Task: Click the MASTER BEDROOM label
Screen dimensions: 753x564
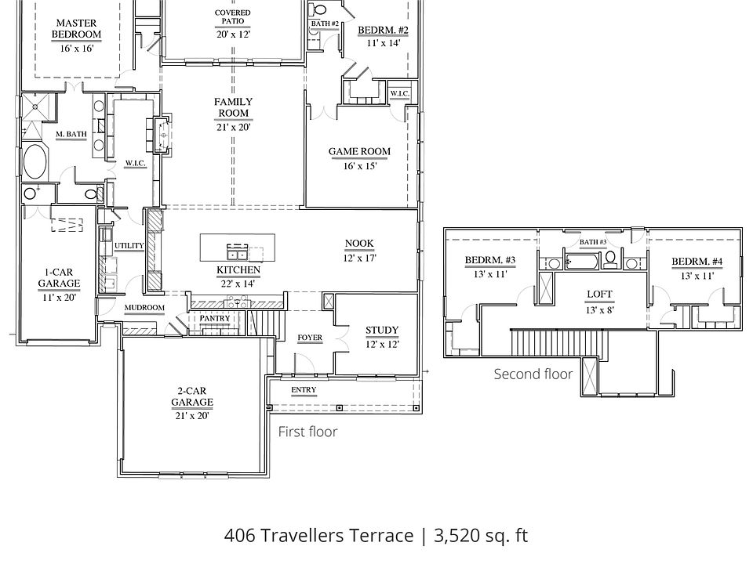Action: (76, 28)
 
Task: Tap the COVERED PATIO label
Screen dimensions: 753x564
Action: (232, 16)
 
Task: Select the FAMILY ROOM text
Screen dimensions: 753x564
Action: (234, 107)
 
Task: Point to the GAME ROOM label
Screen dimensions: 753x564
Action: (359, 151)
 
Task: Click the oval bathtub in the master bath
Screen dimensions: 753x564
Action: (35, 161)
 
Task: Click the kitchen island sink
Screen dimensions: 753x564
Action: (237, 251)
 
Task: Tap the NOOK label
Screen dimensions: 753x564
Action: (359, 244)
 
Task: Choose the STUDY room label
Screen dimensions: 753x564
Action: (382, 330)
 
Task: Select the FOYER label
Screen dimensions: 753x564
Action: (310, 338)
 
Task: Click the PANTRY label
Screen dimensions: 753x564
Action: (215, 318)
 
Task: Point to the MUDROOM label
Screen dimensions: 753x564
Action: (144, 307)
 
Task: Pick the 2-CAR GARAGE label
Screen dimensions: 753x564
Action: (192, 396)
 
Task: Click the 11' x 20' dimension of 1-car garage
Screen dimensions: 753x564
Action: (59, 298)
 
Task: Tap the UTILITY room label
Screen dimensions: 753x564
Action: (129, 245)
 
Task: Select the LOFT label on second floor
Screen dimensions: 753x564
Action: (599, 294)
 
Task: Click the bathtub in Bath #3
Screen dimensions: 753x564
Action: (581, 262)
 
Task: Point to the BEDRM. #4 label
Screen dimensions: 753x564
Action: (697, 262)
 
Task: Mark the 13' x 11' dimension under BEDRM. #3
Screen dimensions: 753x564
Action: (489, 274)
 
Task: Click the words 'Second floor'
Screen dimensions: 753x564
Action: (533, 374)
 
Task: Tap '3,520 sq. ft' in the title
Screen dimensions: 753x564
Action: (481, 535)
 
